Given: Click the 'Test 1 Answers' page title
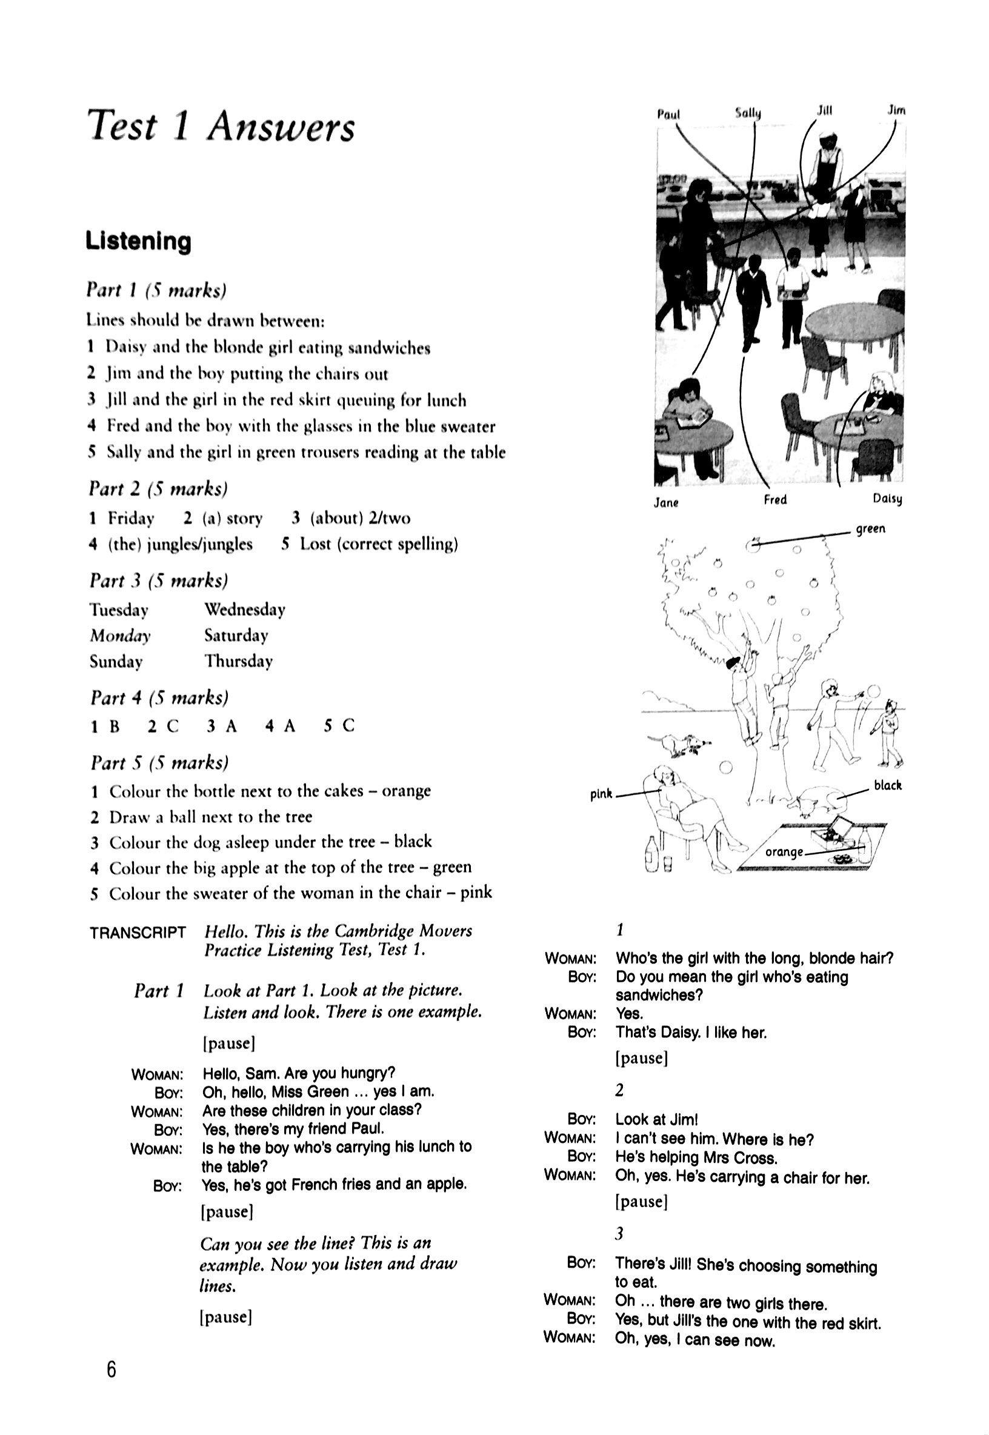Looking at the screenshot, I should point(221,127).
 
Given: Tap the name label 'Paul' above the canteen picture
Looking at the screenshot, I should point(668,115).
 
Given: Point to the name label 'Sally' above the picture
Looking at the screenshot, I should point(748,113).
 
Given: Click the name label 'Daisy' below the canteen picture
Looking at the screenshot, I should point(887,499).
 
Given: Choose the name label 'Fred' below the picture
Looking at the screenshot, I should point(775,499).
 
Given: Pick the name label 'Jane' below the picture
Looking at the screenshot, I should point(666,502).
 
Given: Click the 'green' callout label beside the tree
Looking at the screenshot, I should point(871,528).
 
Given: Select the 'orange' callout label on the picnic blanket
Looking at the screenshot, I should point(784,852).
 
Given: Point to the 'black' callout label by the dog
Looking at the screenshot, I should point(887,785).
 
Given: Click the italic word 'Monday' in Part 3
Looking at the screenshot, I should point(120,636).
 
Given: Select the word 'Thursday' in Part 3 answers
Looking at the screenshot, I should point(239,661).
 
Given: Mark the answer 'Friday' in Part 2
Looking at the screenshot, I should point(131,518).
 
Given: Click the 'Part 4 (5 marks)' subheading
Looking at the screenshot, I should point(159,698).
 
